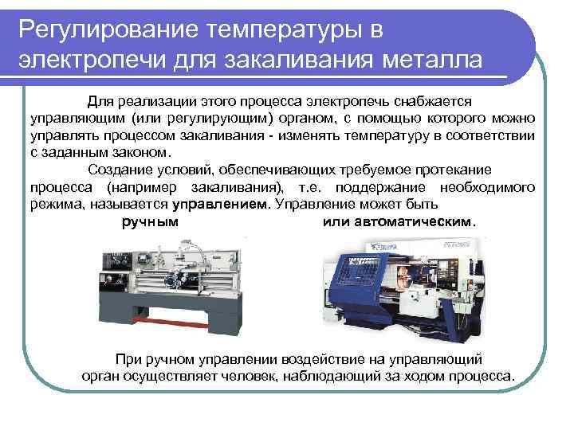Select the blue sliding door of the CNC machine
(x=363, y=275)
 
